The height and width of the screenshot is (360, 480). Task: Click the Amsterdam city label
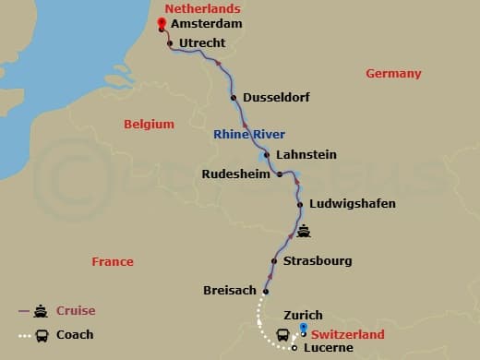[206, 25]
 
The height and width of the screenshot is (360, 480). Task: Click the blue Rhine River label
[249, 134]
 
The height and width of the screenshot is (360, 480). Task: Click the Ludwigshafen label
[354, 204]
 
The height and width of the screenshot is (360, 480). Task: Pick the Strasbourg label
[318, 261]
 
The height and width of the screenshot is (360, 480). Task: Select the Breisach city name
[230, 291]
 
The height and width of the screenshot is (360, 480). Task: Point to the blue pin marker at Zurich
[303, 330]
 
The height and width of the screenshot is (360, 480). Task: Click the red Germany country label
[393, 74]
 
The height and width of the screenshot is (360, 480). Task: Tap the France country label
[113, 262]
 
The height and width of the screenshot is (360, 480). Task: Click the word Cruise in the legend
[76, 311]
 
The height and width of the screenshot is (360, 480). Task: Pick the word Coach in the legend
[75, 335]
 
